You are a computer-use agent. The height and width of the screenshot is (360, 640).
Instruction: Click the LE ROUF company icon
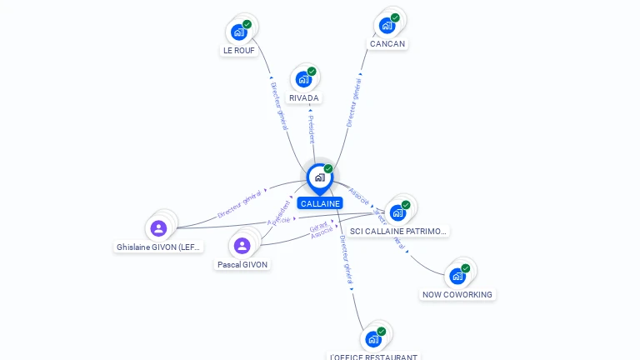click(239, 32)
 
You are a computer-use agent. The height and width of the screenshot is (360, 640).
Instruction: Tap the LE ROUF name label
click(239, 51)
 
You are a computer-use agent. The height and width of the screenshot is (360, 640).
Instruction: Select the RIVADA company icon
click(303, 80)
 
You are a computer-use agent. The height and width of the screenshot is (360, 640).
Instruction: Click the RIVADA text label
click(304, 98)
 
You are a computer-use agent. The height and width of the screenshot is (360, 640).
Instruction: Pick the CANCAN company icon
click(387, 26)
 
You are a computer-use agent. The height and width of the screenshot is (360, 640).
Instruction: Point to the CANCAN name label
click(388, 44)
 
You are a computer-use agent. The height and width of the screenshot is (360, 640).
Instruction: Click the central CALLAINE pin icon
click(319, 177)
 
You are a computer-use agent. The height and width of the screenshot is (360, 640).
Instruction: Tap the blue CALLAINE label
click(320, 203)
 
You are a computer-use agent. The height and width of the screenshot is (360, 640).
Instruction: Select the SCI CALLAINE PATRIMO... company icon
click(398, 212)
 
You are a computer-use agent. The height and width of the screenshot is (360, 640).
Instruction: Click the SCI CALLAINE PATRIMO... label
click(399, 231)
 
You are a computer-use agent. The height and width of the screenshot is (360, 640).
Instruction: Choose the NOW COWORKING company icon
click(457, 276)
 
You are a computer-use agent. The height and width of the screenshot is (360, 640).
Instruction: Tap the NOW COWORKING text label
click(457, 294)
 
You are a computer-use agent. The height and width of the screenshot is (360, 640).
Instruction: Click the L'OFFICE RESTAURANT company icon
click(373, 339)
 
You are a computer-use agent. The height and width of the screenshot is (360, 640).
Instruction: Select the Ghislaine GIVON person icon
click(158, 228)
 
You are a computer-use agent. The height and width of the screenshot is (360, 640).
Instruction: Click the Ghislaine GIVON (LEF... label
click(159, 247)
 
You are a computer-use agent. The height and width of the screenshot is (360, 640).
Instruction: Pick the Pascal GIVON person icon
click(242, 245)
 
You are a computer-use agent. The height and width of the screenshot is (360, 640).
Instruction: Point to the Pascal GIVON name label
click(242, 264)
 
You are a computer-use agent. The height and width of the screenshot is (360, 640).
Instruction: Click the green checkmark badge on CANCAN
click(395, 17)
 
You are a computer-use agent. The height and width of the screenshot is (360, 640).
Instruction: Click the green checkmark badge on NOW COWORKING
click(466, 268)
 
